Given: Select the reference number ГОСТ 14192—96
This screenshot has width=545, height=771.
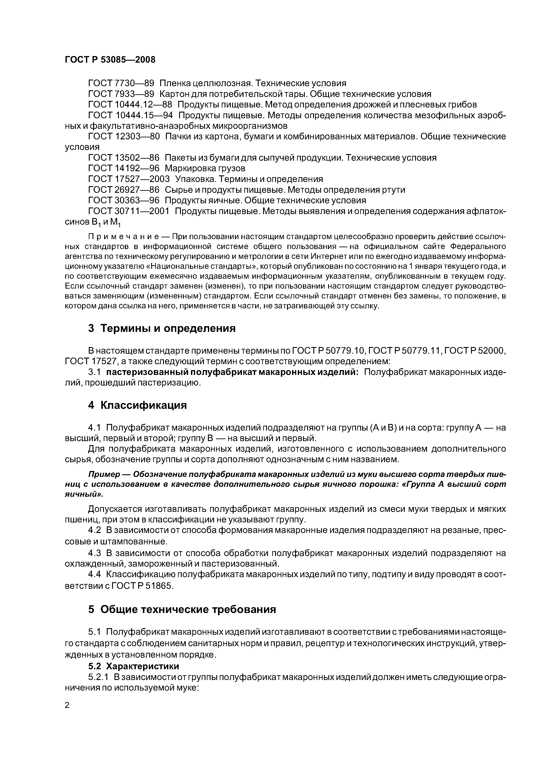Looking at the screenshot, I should click(x=124, y=168).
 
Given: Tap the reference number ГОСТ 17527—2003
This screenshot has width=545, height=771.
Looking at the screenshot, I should click(x=129, y=179).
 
